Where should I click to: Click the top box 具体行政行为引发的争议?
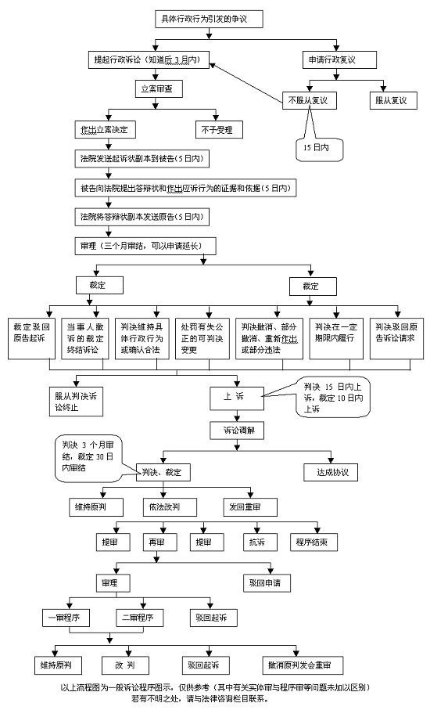(x=210, y=19)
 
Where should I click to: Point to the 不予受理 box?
(x=219, y=130)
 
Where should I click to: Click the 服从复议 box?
(x=393, y=100)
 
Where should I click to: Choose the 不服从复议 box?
(x=310, y=100)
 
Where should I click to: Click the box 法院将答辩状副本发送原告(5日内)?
(x=142, y=217)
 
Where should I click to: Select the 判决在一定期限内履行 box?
(x=336, y=338)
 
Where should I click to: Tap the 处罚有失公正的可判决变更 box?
(x=202, y=338)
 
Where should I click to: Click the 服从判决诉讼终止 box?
(x=76, y=402)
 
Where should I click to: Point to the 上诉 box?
(x=237, y=398)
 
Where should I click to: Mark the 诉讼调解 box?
(x=238, y=431)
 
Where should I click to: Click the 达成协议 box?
(x=331, y=472)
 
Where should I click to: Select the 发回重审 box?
(x=250, y=507)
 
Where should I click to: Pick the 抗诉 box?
(x=260, y=542)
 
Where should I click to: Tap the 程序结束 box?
(x=314, y=542)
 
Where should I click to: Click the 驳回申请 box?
(x=267, y=582)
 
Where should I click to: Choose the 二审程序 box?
(x=139, y=618)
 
